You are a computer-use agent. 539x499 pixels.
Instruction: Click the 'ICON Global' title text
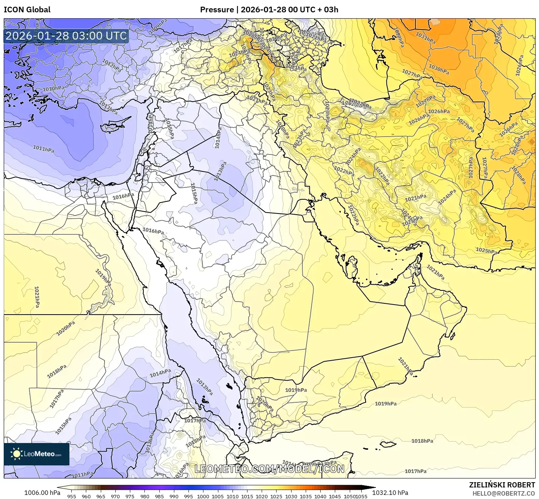click(27, 9)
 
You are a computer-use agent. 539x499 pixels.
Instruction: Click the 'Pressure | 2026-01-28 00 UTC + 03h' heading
click(269, 9)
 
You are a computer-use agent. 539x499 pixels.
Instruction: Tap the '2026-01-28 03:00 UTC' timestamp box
click(66, 36)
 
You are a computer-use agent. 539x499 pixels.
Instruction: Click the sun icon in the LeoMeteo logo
click(16, 454)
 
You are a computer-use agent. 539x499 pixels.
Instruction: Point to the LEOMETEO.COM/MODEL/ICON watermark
click(269, 469)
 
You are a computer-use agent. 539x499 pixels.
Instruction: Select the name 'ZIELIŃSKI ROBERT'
click(502, 485)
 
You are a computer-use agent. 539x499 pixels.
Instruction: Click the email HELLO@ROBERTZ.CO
click(504, 493)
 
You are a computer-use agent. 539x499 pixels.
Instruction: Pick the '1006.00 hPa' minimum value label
click(42, 493)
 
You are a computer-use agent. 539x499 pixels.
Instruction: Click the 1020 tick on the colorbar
click(261, 496)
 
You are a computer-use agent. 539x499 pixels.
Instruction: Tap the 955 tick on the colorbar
click(72, 496)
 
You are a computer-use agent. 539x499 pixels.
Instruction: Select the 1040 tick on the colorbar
click(320, 496)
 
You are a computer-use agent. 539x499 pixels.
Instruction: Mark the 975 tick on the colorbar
click(130, 496)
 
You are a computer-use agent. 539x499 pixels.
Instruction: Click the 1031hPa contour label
click(425, 38)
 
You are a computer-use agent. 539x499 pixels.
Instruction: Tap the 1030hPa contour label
click(439, 69)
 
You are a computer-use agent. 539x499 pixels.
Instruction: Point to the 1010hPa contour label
click(53, 89)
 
